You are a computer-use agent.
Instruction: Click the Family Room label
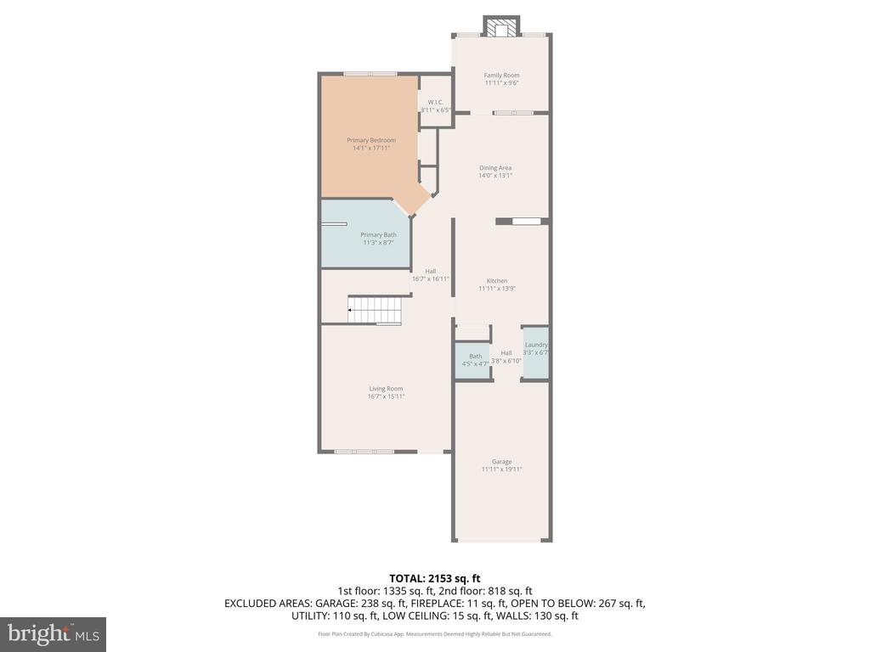(x=501, y=76)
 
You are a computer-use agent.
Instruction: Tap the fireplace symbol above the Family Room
(x=501, y=26)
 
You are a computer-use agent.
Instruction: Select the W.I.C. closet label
(x=435, y=103)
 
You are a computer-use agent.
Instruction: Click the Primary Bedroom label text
(x=370, y=140)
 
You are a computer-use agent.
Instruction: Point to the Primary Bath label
(x=378, y=235)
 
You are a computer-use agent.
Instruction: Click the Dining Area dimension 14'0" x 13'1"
(x=494, y=176)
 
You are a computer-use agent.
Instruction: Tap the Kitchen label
(x=497, y=281)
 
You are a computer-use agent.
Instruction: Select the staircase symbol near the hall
(x=374, y=310)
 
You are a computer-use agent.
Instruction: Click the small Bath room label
(x=475, y=357)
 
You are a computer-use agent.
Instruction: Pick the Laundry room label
(x=536, y=345)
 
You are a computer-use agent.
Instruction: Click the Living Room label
(x=386, y=389)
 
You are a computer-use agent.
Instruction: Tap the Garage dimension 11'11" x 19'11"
(x=501, y=469)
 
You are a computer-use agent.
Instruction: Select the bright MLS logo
(x=53, y=634)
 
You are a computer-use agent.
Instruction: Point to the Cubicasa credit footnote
(x=434, y=634)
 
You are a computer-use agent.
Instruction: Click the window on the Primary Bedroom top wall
(x=370, y=74)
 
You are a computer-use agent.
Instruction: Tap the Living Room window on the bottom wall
(x=364, y=452)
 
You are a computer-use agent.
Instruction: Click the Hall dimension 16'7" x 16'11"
(x=430, y=278)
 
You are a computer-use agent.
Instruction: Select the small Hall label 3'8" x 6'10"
(x=506, y=361)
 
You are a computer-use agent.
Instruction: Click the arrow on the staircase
(x=351, y=311)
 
